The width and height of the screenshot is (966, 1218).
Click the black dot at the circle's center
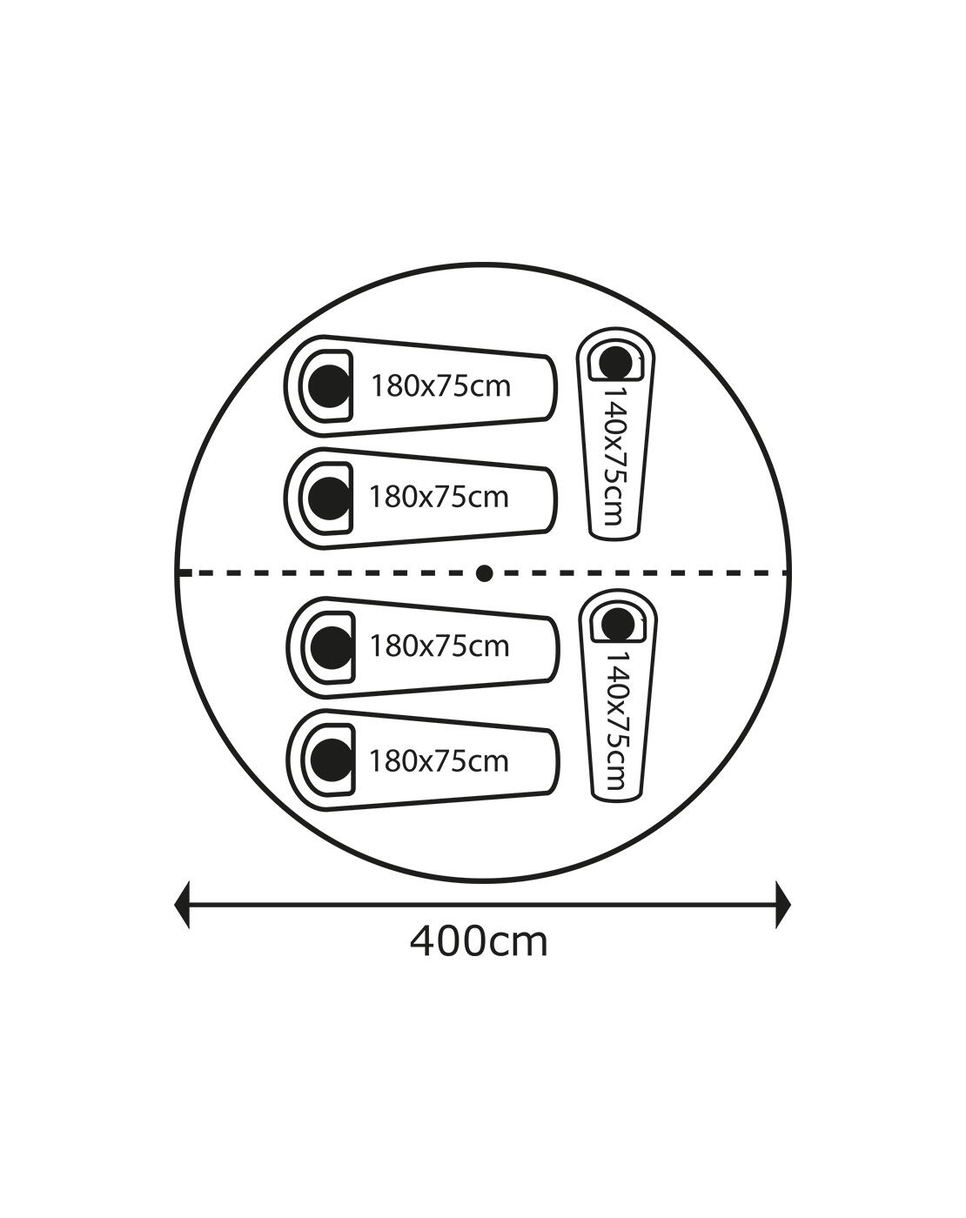484,574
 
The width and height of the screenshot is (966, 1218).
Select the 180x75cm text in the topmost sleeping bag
440,386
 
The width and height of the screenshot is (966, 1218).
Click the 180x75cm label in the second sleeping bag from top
439,497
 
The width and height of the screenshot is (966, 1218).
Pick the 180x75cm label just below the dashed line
439,646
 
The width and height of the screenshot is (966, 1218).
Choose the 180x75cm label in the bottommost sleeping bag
439,761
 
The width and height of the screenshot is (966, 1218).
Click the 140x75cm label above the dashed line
614,456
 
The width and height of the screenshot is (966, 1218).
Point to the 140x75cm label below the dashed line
616,720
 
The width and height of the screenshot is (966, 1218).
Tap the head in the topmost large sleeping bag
329,386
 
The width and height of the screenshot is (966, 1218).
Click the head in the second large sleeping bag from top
329,498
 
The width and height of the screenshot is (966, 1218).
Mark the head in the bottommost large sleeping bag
332,760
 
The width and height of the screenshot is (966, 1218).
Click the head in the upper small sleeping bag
615,362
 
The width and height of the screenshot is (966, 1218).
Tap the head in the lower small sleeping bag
618,625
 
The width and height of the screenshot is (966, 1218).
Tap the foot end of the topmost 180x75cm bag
551,388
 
